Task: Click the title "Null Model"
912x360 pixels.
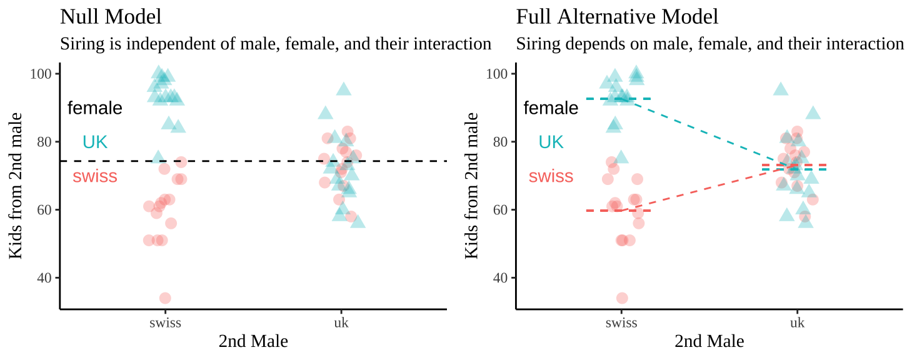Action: pyautogui.click(x=111, y=17)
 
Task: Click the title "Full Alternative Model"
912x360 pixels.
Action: pyautogui.click(x=617, y=17)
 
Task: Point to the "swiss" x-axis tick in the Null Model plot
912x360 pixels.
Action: pyautogui.click(x=165, y=322)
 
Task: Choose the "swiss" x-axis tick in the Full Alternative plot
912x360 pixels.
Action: pyautogui.click(x=621, y=322)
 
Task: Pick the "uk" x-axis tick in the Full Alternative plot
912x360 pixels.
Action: pyautogui.click(x=798, y=322)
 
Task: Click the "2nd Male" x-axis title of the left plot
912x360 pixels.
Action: pyautogui.click(x=253, y=341)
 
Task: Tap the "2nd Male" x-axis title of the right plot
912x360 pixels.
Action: pyautogui.click(x=709, y=341)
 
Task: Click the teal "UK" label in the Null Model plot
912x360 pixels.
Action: pyautogui.click(x=95, y=142)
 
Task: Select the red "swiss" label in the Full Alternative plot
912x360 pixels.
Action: pyautogui.click(x=551, y=176)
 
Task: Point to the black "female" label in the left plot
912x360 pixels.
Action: pyautogui.click(x=94, y=108)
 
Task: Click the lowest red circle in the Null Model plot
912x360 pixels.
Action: pyautogui.click(x=165, y=298)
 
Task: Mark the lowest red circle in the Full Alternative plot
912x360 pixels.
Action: pyautogui.click(x=622, y=298)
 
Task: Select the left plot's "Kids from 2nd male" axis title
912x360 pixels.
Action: pyautogui.click(x=17, y=185)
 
